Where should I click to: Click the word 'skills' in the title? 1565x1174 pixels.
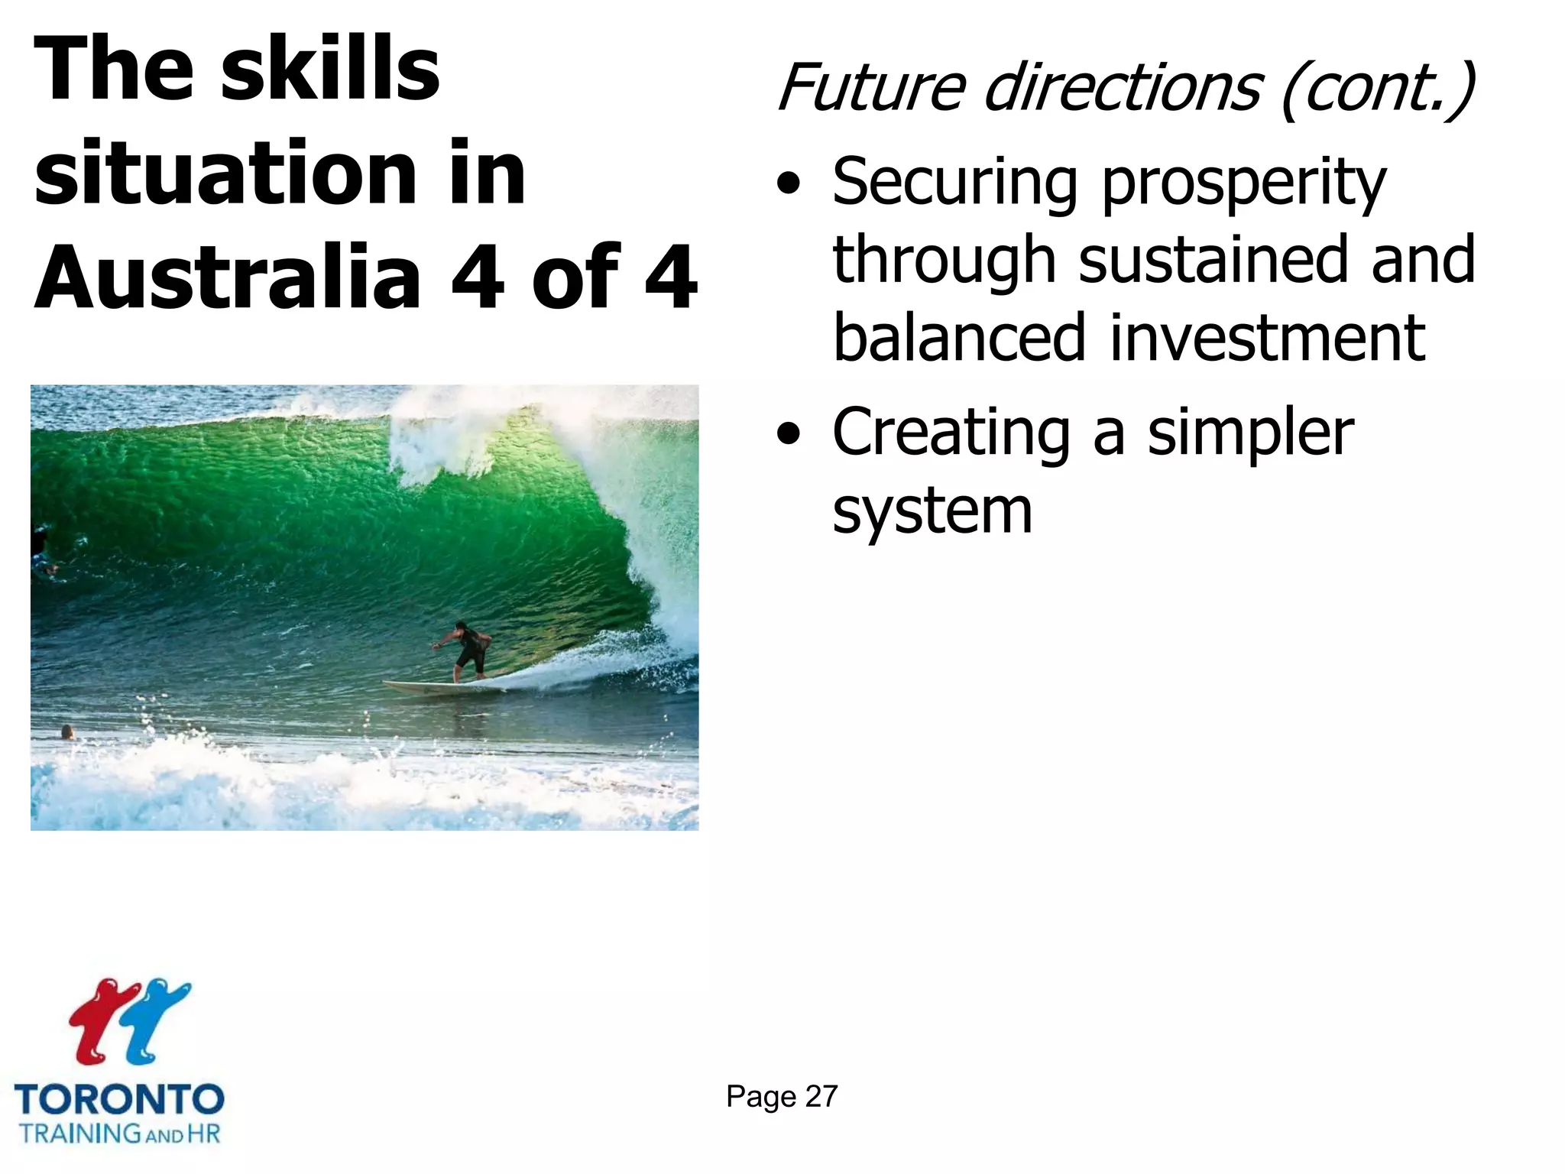coord(330,70)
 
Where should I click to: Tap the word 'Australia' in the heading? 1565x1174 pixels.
coord(228,277)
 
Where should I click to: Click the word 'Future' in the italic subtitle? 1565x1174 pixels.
coord(871,88)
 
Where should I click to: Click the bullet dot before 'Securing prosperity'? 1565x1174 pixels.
coord(789,186)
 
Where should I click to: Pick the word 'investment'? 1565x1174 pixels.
coord(1267,338)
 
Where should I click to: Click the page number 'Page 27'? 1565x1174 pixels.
coord(782,1097)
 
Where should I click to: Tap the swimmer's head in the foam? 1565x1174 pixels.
coord(67,731)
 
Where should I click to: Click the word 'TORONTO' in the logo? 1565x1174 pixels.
coord(119,1101)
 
